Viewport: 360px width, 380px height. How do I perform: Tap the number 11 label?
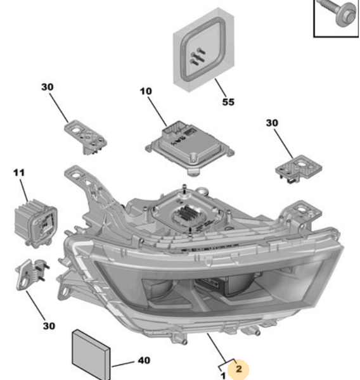18,172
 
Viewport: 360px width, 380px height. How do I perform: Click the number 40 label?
144,361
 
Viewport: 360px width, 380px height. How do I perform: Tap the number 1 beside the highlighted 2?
222,376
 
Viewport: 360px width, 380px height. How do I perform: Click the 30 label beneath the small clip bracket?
48,326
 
